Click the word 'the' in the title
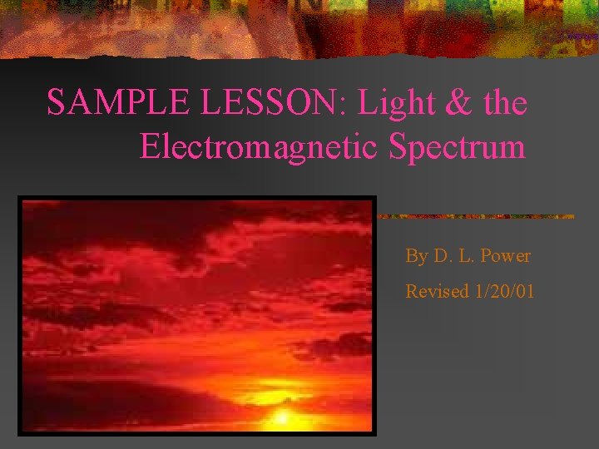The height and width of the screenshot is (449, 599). pyautogui.click(x=504, y=103)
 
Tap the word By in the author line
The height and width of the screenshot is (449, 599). pyautogui.click(x=416, y=256)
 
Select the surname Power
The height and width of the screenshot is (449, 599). pyautogui.click(x=504, y=256)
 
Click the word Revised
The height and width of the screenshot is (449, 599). pyautogui.click(x=437, y=292)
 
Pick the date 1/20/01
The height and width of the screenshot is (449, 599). pyautogui.click(x=504, y=292)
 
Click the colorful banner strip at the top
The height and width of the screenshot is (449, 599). pyautogui.click(x=299, y=25)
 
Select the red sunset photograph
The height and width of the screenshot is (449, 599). pyautogui.click(x=197, y=316)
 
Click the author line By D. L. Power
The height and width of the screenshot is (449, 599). pyautogui.click(x=468, y=256)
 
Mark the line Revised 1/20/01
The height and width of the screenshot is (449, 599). pyautogui.click(x=470, y=292)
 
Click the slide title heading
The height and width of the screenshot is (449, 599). pyautogui.click(x=287, y=125)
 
